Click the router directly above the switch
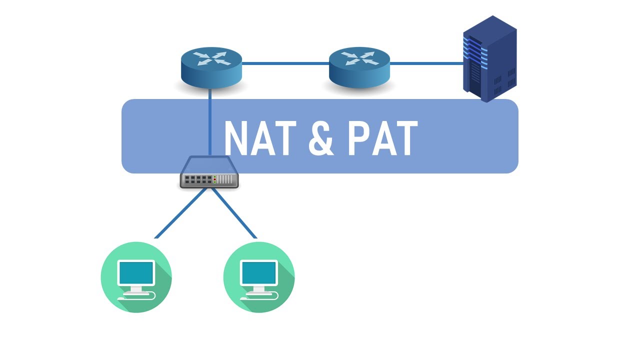(211, 68)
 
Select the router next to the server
(359, 68)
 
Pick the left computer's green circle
(136, 277)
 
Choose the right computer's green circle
(259, 277)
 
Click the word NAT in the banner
(259, 138)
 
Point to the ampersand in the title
(320, 138)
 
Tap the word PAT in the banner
(382, 138)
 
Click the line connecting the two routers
(285, 63)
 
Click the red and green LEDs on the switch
(214, 179)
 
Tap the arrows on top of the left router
(211, 59)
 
